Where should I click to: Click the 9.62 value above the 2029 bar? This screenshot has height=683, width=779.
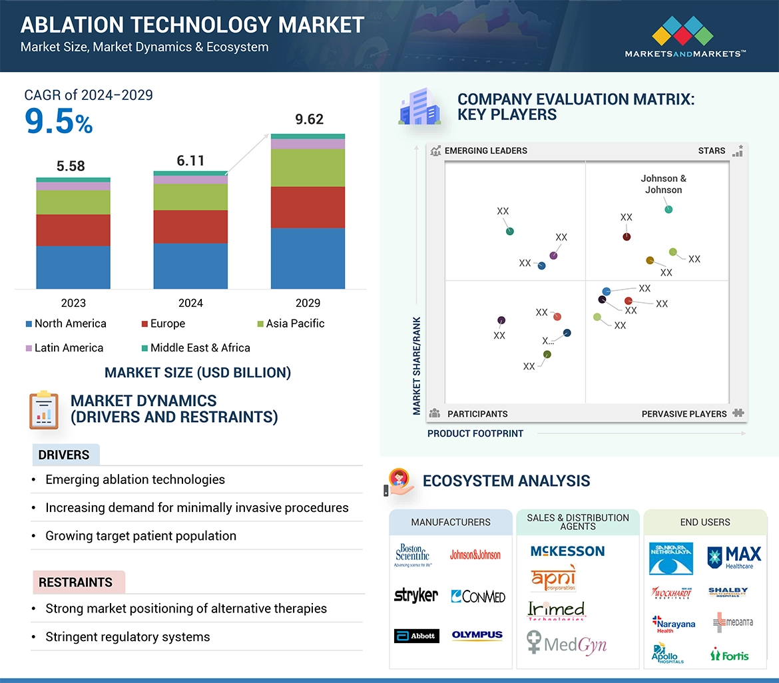309,120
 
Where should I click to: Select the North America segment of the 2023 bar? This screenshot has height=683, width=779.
73,267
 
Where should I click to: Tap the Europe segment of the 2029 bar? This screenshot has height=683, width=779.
308,207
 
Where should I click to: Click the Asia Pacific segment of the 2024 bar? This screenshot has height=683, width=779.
190,197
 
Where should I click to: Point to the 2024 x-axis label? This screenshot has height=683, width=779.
190,303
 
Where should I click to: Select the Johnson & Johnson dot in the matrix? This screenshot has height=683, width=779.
668,210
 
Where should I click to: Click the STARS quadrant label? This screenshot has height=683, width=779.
712,150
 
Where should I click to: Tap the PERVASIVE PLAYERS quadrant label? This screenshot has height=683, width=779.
684,413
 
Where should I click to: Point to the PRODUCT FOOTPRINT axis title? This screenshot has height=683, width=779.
475,433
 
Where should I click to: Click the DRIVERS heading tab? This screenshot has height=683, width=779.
65,455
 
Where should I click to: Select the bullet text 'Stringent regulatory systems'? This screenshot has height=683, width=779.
127,637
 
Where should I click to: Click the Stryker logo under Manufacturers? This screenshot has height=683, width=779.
416,596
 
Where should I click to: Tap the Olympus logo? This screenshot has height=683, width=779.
477,636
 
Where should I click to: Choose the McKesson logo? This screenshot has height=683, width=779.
567,551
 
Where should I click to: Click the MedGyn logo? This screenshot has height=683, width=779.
567,644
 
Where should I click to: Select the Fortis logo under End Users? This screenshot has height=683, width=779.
730,655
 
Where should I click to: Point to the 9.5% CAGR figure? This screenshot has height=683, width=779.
59,122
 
